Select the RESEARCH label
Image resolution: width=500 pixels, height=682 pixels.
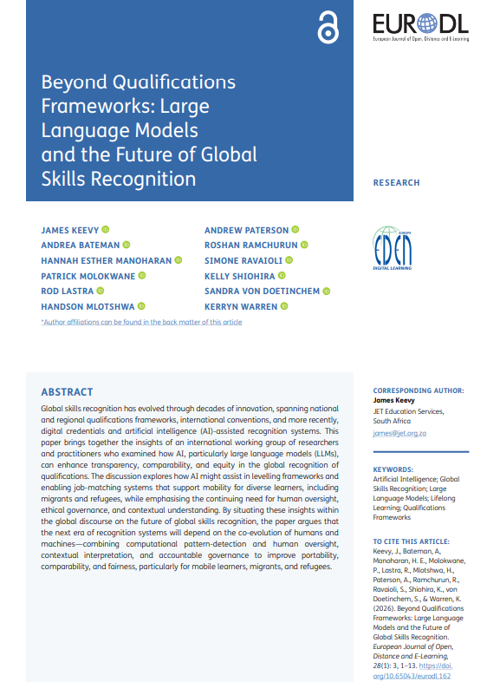(x=396, y=183)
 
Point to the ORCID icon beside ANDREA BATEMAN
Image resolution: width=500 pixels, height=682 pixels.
(x=127, y=246)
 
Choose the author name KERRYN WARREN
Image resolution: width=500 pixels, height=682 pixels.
(x=241, y=306)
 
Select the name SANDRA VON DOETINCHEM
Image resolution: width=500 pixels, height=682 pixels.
(x=262, y=291)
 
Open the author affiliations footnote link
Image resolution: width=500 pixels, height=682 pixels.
(x=142, y=322)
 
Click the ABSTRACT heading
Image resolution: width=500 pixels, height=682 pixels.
(x=67, y=392)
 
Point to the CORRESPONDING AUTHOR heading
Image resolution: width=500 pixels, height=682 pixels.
(x=418, y=390)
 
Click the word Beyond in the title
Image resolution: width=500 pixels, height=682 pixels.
(x=74, y=82)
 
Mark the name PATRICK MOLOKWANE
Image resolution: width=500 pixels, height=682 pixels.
(x=88, y=276)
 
